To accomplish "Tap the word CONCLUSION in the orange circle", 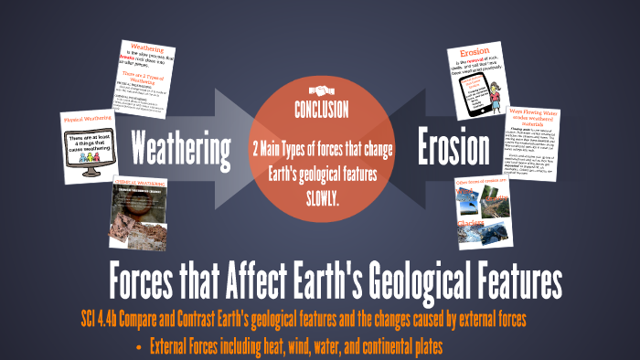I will (x=320, y=111).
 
